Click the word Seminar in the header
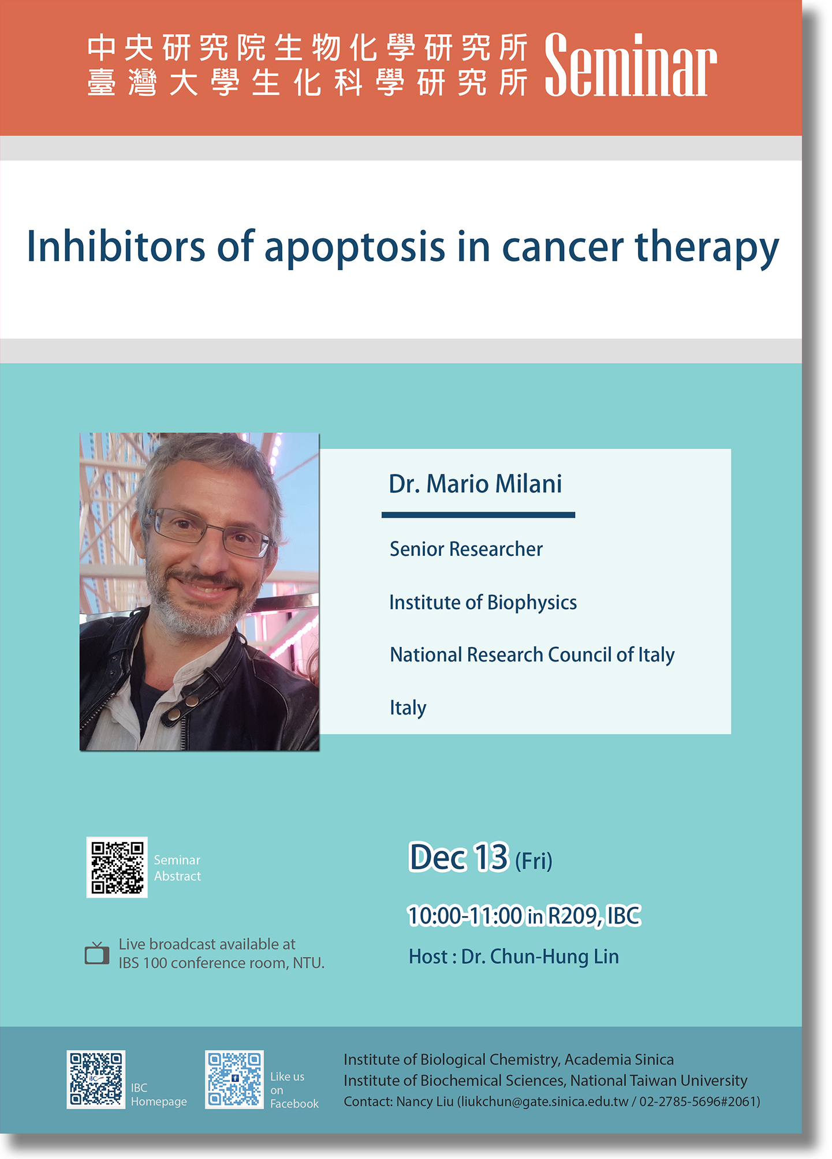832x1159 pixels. pos(630,65)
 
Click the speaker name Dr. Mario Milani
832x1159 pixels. pos(475,484)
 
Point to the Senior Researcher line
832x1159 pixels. pos(466,549)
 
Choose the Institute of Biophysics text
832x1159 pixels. pos(483,603)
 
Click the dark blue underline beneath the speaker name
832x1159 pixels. pos(478,515)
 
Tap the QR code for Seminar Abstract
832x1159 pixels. pos(117,868)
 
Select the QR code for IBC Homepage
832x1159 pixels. pos(96,1079)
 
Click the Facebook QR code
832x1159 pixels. pos(234,1079)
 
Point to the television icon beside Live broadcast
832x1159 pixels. pos(97,953)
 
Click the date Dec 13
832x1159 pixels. pos(458,857)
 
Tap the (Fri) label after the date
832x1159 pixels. pos(533,861)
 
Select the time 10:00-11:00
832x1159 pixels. pos(465,915)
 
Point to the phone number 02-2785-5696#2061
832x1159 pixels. pos(697,1102)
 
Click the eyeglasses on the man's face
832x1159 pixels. pos(209,532)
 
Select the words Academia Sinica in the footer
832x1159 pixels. pos(619,1060)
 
